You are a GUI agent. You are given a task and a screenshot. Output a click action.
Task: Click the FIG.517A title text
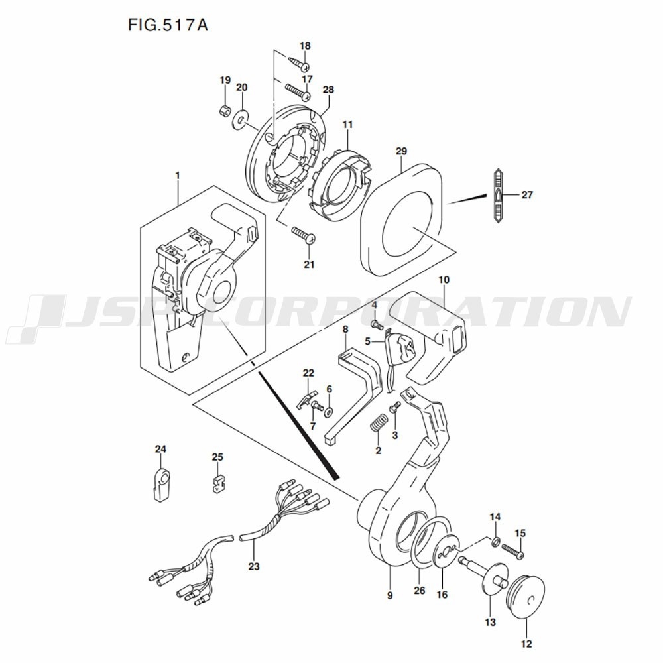pyautogui.click(x=168, y=25)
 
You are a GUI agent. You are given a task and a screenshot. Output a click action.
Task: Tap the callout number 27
pyautogui.click(x=527, y=195)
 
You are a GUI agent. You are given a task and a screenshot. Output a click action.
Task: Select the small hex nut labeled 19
pyautogui.click(x=225, y=111)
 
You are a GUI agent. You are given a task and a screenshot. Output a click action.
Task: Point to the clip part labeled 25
pyautogui.click(x=217, y=483)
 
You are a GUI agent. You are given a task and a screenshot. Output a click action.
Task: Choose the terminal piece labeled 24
pyautogui.click(x=160, y=485)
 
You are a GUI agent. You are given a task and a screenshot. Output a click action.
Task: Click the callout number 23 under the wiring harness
pyautogui.click(x=254, y=566)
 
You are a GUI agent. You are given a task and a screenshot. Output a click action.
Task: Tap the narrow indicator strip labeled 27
pyautogui.click(x=499, y=196)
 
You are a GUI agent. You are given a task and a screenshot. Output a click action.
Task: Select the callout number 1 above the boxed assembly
pyautogui.click(x=178, y=174)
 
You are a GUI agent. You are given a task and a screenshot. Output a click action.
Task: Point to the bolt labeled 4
pyautogui.click(x=377, y=325)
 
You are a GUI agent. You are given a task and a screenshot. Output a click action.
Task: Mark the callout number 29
pyautogui.click(x=401, y=151)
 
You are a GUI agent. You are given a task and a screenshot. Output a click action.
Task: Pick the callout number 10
pyautogui.click(x=444, y=280)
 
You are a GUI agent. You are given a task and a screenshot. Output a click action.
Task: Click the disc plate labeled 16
pyautogui.click(x=446, y=550)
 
